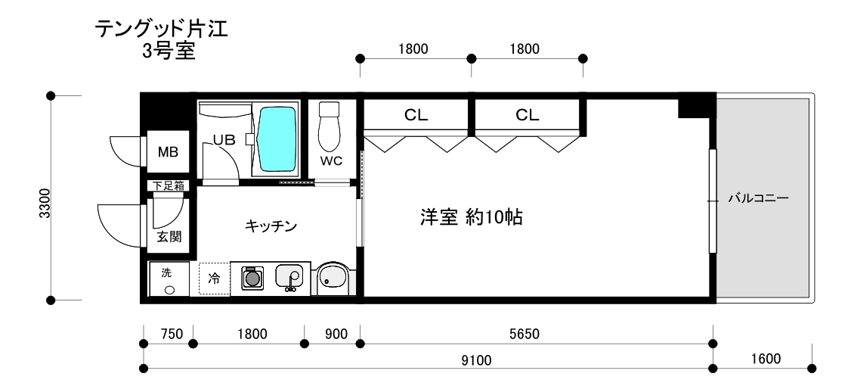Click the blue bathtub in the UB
[277, 140]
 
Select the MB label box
[167, 152]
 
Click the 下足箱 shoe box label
[168, 185]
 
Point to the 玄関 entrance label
[168, 237]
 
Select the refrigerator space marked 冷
[214, 279]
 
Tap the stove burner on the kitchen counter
[252, 278]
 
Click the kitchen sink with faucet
[289, 277]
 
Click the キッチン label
[270, 226]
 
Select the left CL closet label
[416, 116]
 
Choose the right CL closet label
[528, 116]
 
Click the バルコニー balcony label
[758, 200]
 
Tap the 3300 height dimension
[45, 203]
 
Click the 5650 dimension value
[534, 333]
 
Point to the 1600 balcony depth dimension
[765, 357]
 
